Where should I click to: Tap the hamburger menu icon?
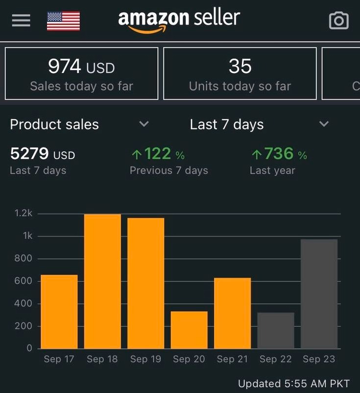(21, 21)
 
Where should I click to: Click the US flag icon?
(63, 21)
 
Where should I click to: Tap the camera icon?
(338, 21)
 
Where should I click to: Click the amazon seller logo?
(179, 21)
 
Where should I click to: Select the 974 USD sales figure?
(81, 67)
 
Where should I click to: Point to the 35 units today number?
(240, 67)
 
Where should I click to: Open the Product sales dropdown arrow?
(144, 124)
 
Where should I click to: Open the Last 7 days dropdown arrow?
(324, 124)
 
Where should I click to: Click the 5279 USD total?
(43, 154)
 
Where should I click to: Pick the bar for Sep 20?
(189, 330)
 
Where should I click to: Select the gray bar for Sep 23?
(319, 294)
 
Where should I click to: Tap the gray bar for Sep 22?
(276, 330)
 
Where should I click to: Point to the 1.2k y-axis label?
(24, 213)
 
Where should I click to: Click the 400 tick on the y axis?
(24, 303)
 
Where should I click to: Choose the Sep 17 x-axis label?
(59, 359)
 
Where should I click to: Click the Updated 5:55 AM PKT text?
(293, 383)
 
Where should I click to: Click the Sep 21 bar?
(232, 313)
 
